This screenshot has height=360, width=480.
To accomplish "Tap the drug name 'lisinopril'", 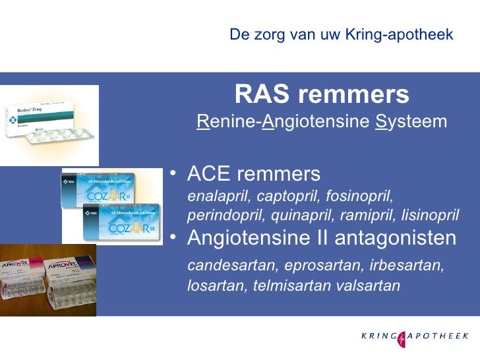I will point(431,216).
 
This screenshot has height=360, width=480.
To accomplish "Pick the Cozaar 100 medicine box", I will point(119,224).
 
